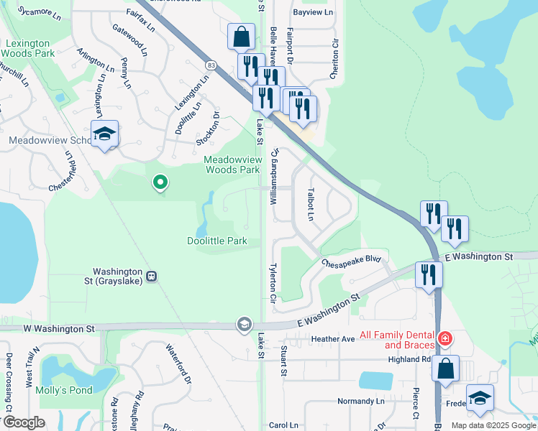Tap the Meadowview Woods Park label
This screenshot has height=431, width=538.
[x=231, y=164]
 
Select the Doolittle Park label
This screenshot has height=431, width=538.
[x=218, y=241]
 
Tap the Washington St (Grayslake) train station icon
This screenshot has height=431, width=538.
[x=151, y=276]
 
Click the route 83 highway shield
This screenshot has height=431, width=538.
[x=209, y=65]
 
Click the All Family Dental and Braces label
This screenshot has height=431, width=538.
[x=396, y=339]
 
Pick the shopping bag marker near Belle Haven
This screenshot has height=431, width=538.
[x=241, y=36]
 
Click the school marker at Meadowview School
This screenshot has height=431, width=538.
[x=105, y=134]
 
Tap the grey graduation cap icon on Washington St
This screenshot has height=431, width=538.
[x=244, y=325]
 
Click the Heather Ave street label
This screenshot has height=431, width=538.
[x=333, y=338]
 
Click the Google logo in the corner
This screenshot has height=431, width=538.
[x=24, y=422]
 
